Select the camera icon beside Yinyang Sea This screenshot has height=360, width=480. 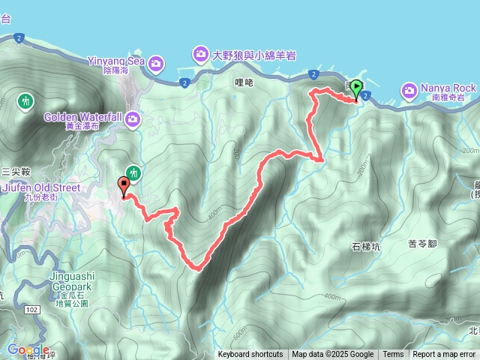pos(156,61)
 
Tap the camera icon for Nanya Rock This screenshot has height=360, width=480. pos(409,91)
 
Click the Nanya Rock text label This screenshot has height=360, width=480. pos(447,87)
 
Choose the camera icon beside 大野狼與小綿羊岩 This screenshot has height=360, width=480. pos(200,54)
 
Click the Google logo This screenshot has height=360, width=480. pos(27,349)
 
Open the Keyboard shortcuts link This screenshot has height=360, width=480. pos(250,355)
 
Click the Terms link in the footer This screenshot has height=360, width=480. pos(393,355)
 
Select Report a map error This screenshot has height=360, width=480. pos(444,355)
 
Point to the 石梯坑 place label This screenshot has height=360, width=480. pos(367,246)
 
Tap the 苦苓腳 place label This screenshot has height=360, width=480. pos(423,243)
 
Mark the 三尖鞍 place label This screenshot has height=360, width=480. pos(15,171)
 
